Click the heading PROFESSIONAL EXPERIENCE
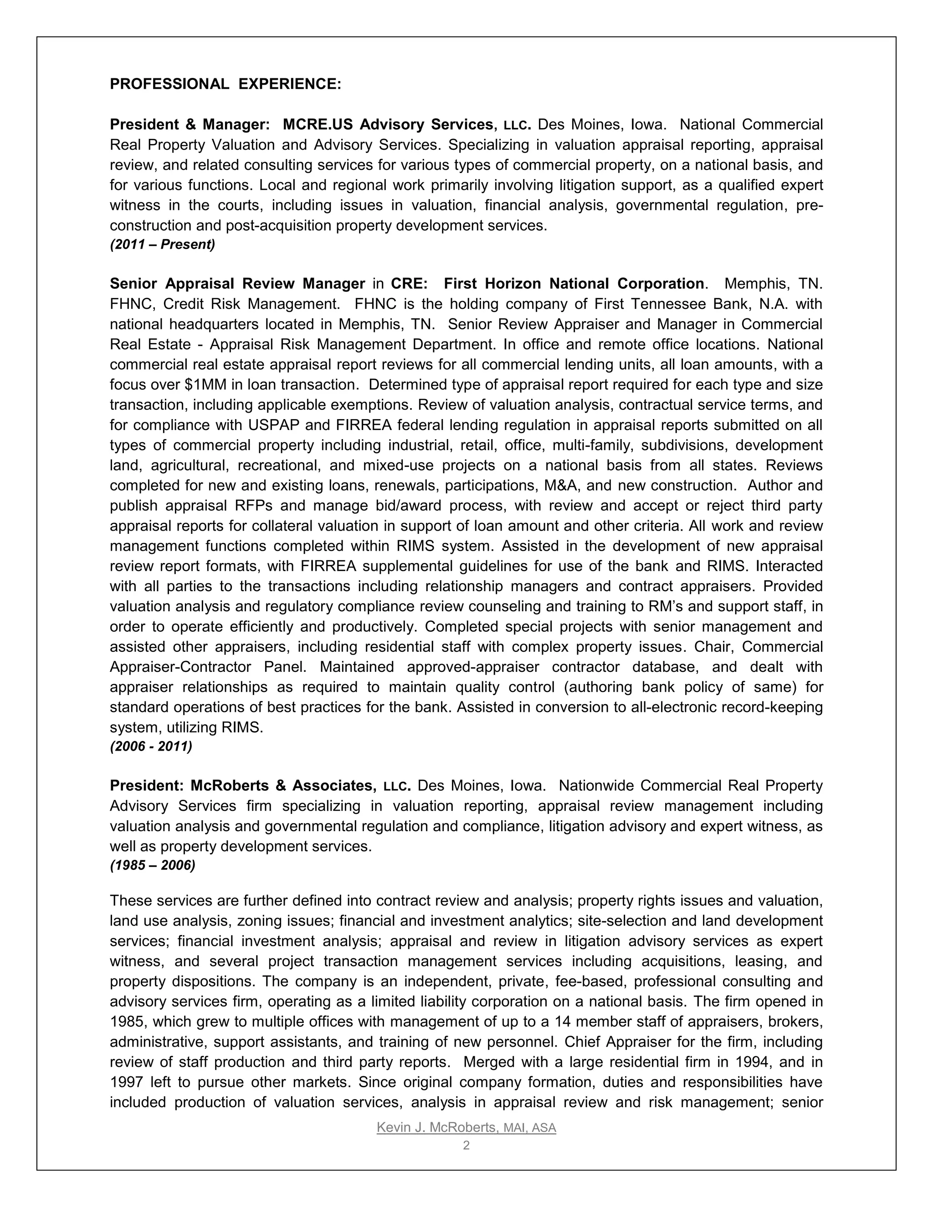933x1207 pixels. click(226, 84)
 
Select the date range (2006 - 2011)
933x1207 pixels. click(151, 747)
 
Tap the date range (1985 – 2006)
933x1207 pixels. click(153, 865)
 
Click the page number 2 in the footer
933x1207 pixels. click(466, 1145)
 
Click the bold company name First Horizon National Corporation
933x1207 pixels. click(573, 283)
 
